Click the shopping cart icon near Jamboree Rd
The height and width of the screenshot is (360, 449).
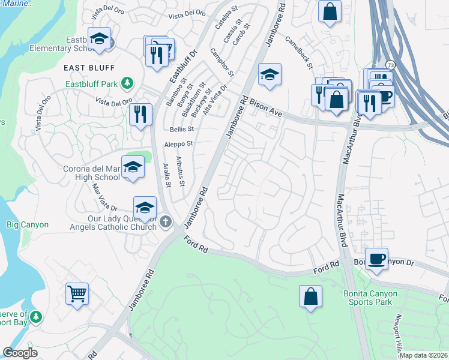pos(77,294)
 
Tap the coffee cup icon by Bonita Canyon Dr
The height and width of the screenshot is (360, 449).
pos(376,259)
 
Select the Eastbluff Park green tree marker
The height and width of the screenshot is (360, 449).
pos(127,83)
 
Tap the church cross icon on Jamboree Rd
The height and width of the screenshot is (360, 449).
pos(166,223)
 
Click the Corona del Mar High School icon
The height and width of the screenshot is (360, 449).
pos(133,167)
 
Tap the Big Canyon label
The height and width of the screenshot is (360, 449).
pos(27,224)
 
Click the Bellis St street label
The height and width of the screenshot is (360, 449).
pos(182,129)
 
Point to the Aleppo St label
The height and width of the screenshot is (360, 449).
pos(179,144)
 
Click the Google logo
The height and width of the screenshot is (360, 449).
pos(20,353)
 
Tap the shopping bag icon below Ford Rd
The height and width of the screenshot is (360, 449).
pos(310,296)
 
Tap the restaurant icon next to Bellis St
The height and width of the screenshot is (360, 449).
pos(140,114)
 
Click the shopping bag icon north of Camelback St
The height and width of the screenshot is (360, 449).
pos(330,11)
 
